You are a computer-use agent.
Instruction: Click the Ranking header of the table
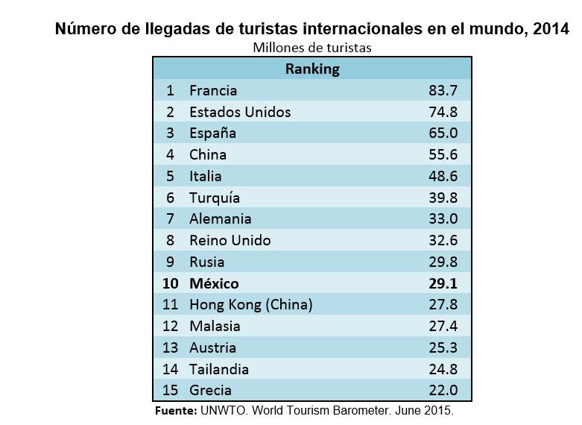(x=312, y=69)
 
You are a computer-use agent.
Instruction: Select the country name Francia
(x=213, y=91)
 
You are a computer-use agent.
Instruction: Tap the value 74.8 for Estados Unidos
(x=443, y=113)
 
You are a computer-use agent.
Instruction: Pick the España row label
(x=212, y=133)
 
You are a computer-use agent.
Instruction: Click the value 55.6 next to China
(x=443, y=155)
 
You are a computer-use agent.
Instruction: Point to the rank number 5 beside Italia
(x=170, y=177)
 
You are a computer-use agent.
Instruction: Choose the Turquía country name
(x=215, y=198)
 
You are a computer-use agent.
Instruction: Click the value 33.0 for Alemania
(x=443, y=219)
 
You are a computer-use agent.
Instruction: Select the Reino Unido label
(x=230, y=241)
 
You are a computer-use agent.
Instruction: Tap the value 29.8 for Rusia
(x=443, y=262)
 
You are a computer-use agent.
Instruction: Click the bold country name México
(x=214, y=283)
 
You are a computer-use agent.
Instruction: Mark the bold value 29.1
(x=443, y=283)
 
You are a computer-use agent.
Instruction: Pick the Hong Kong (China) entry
(x=250, y=305)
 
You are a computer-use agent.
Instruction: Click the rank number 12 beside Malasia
(x=170, y=327)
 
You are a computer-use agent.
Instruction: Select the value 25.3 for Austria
(x=443, y=347)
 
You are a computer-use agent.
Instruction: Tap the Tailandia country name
(x=219, y=369)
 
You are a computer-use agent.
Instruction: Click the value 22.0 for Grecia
(x=443, y=390)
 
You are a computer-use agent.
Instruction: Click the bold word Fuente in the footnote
(x=174, y=411)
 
